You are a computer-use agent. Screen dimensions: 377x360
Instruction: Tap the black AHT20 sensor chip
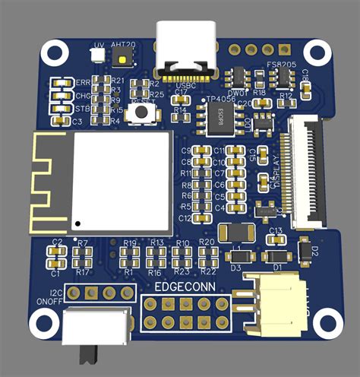point(122,56)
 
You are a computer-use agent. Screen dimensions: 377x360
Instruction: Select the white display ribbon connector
point(303,175)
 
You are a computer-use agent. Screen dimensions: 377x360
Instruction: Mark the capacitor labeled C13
point(275,238)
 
